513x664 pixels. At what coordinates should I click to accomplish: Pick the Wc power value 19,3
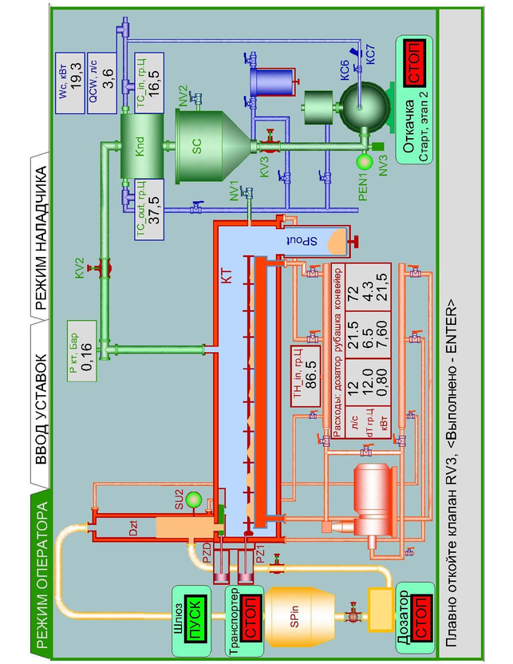(77, 77)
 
